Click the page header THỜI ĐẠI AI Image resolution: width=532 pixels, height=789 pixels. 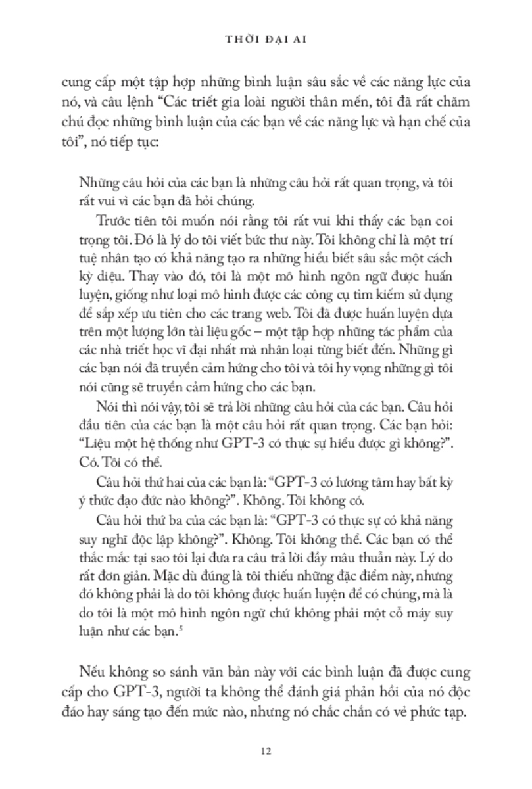266,39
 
